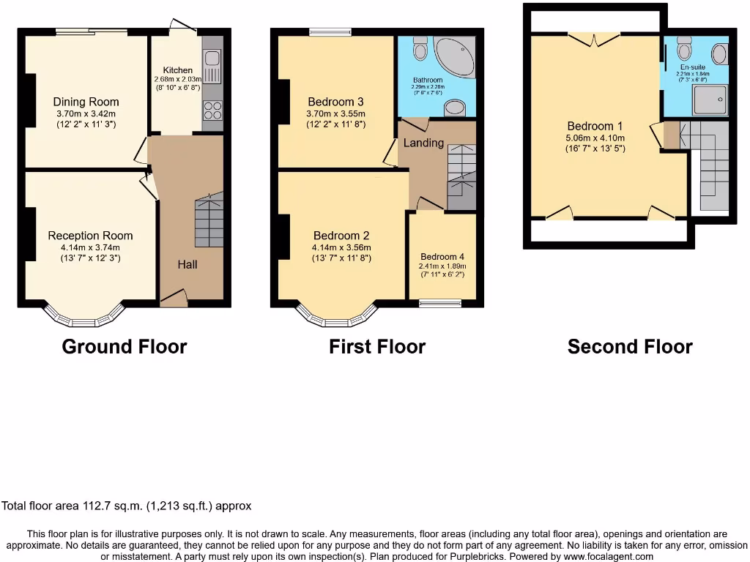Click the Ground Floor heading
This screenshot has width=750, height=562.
pos(124,346)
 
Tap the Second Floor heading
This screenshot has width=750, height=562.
pos(630,346)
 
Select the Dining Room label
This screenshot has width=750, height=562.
pos(86,102)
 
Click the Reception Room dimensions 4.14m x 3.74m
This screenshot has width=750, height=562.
pos(90,247)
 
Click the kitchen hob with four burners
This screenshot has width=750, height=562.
pos(212,110)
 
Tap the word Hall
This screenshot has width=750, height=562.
pos(187,264)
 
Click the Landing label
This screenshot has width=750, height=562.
pos(423,143)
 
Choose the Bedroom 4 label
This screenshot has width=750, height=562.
pos(442,256)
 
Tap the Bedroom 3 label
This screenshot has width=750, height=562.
pos(335,102)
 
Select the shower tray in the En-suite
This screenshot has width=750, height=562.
pos(710,99)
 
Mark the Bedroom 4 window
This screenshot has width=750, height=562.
pos(440,303)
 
